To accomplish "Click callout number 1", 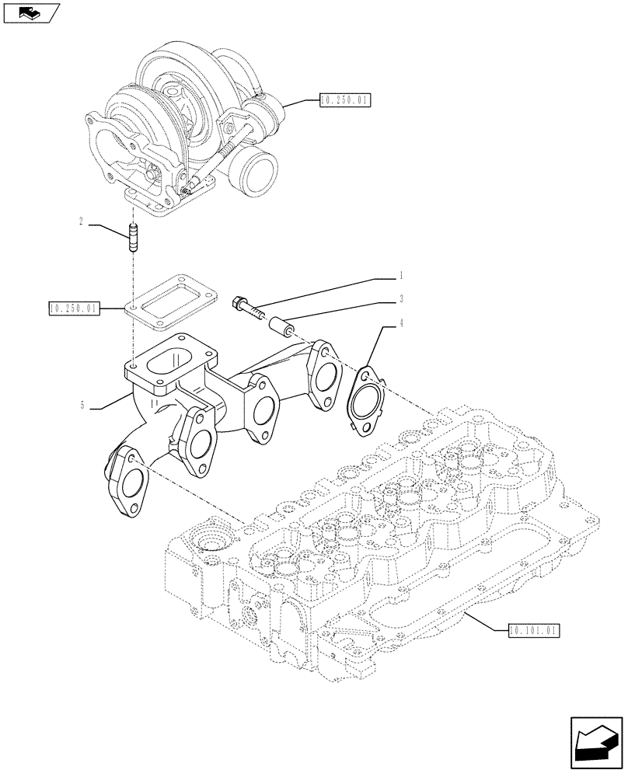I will (400, 275).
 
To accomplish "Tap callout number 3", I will (400, 298).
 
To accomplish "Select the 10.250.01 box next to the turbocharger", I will (346, 100).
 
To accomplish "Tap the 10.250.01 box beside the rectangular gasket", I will (73, 309).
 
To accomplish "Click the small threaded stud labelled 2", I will (132, 237).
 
